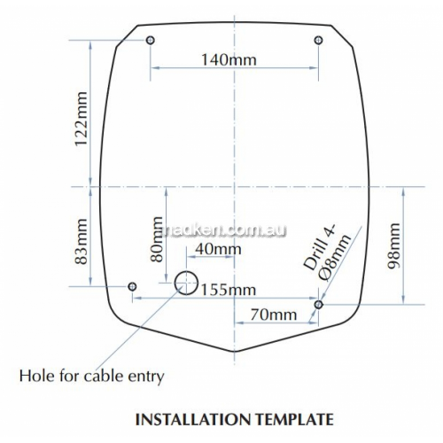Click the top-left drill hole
pos(151,40)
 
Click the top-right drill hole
pos(318,40)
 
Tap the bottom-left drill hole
pos(132,286)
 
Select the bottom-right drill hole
pos(318,304)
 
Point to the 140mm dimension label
pos(229,60)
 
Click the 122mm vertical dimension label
pos(82,119)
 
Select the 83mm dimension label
pos(82,242)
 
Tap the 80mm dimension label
pos(157,239)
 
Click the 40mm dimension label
pos(218,249)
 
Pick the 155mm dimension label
pos(229,290)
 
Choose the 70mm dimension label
pos(274,315)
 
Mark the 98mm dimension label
pos(394,246)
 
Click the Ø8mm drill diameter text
pos(335,258)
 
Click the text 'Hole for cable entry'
pos(91,377)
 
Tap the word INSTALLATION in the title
pos(193,419)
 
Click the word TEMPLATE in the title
pos(294,419)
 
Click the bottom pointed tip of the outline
pos(235,352)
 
